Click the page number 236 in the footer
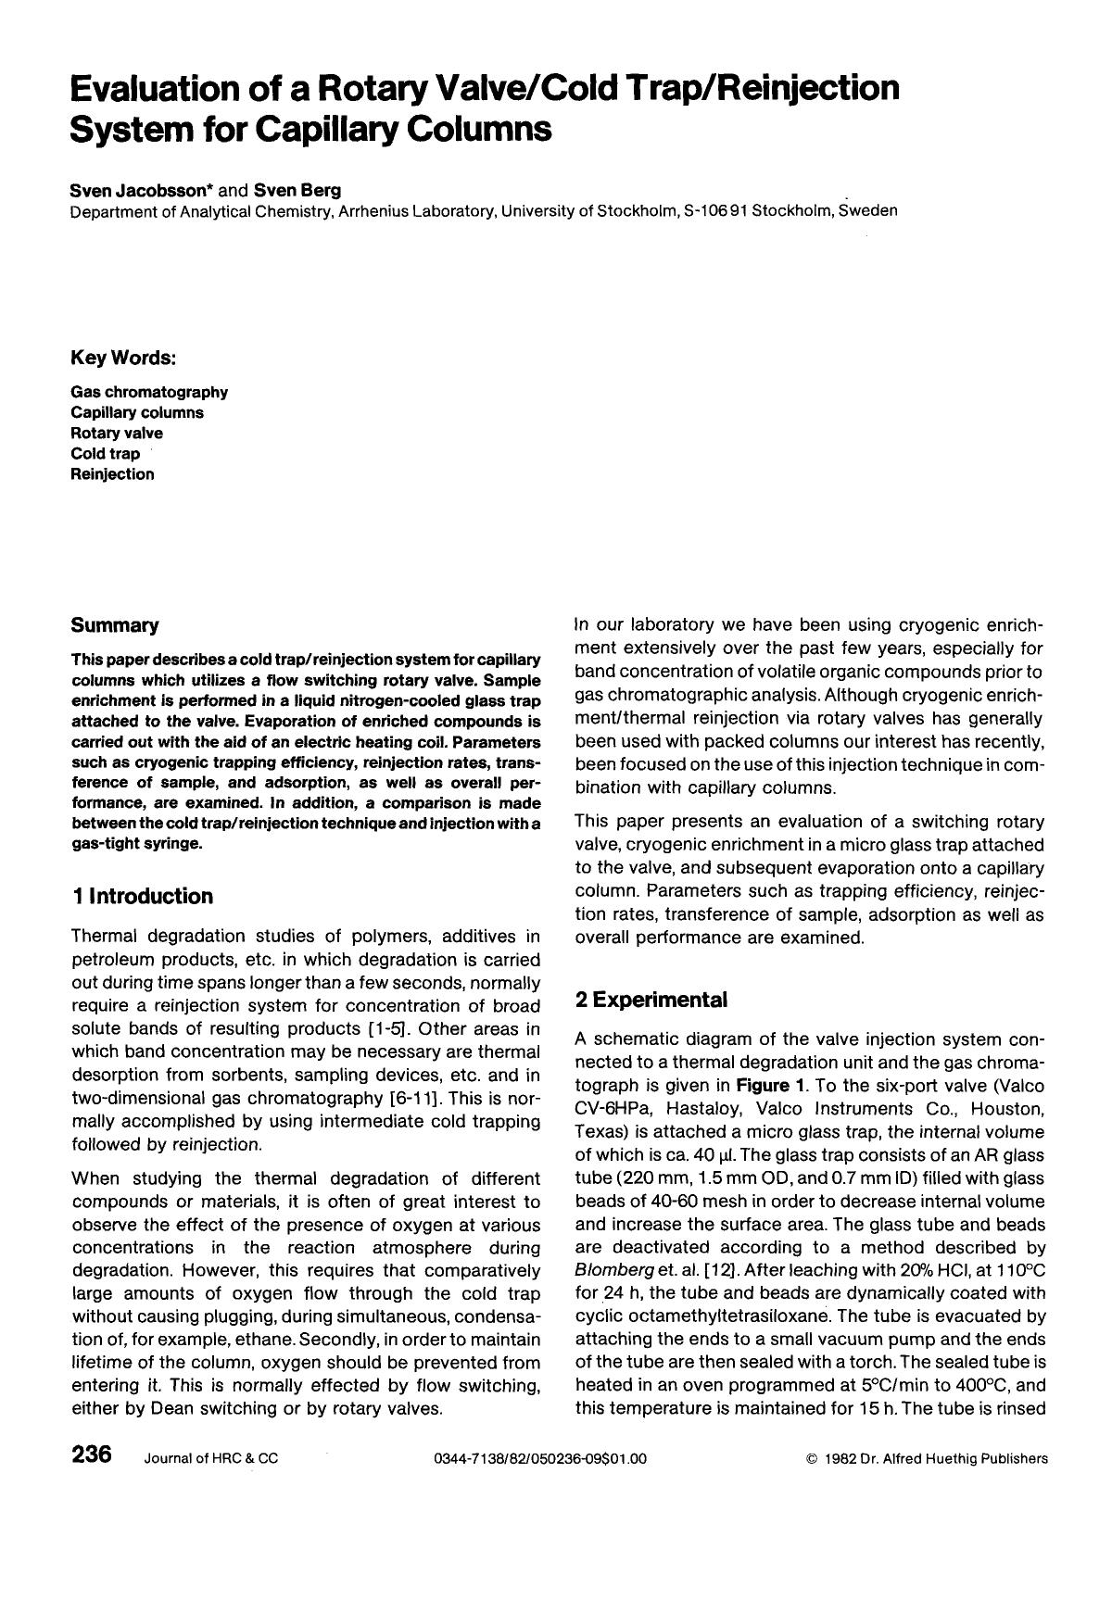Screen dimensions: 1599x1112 tap(92, 1455)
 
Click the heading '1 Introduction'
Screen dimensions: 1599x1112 tap(142, 896)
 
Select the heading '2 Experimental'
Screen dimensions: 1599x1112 tap(651, 1000)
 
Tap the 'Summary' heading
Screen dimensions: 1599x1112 tap(115, 625)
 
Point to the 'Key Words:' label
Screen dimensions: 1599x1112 tap(123, 358)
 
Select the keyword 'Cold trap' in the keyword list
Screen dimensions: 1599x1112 tap(106, 454)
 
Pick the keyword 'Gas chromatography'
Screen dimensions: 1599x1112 tap(149, 393)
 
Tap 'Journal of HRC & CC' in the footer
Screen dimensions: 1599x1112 tap(210, 1459)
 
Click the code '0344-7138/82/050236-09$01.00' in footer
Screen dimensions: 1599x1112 tap(539, 1459)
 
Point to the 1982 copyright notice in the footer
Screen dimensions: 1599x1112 tap(928, 1459)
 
